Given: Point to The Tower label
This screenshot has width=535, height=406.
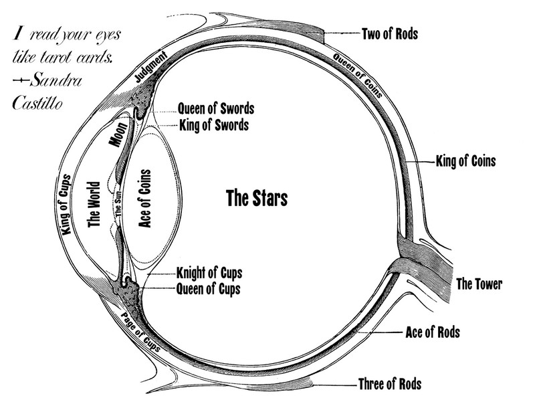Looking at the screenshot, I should coord(479,284).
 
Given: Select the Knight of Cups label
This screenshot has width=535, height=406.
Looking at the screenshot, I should coord(209,272).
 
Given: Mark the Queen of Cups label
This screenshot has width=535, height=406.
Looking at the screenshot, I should coord(208,289).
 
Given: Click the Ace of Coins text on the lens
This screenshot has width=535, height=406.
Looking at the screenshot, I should coord(144,199).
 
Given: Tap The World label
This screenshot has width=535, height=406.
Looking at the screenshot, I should coord(94,203).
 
